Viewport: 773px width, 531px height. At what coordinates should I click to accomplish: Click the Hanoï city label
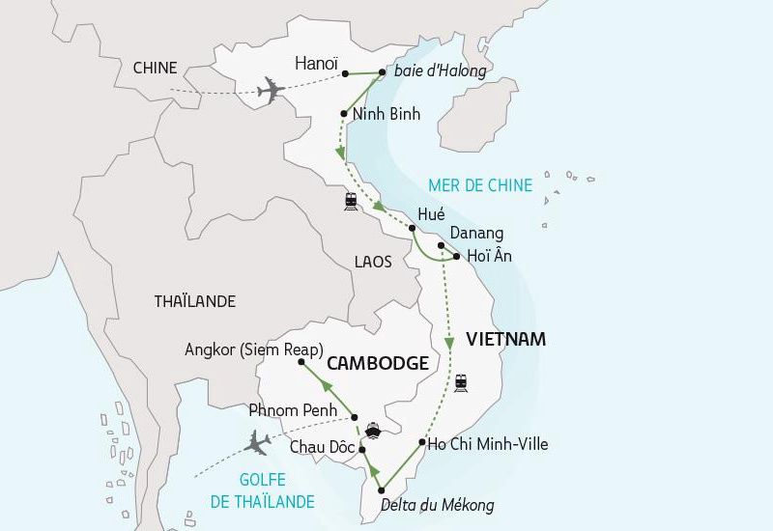[315, 64]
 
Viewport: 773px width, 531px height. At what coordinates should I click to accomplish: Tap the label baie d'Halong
[440, 70]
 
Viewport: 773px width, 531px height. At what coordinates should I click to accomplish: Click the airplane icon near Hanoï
[272, 93]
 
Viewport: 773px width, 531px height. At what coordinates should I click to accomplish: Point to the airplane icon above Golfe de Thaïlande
[258, 442]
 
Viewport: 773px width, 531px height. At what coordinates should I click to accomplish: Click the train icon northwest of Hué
[349, 201]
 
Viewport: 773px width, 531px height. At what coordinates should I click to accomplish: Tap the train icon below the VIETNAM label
[461, 382]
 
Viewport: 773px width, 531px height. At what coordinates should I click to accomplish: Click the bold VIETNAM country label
[505, 340]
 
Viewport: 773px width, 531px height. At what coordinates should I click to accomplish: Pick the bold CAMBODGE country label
[378, 363]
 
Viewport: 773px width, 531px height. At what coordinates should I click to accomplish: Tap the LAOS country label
[372, 262]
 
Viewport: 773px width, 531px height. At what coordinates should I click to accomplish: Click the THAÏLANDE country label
[194, 301]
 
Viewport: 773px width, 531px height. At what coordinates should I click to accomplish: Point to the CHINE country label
[155, 68]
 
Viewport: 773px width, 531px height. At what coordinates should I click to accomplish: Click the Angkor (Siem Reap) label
[253, 349]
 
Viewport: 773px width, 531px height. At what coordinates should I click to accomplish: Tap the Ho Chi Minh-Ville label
[488, 444]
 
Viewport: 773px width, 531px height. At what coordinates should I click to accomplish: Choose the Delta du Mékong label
[437, 505]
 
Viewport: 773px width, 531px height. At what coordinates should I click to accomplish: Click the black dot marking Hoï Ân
[457, 257]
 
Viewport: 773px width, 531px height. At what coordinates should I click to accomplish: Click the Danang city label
[476, 233]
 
